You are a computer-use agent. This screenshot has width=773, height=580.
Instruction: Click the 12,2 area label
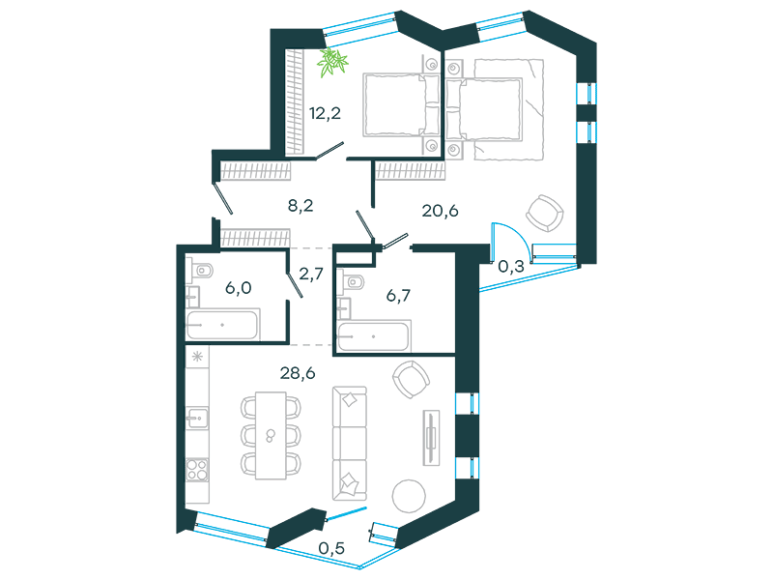point(325,114)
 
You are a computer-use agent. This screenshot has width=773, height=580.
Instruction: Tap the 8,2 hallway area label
point(301,205)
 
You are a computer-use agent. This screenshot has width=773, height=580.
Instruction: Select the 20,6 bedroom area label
point(441,211)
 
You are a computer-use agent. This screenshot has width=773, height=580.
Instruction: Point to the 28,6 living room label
point(298,373)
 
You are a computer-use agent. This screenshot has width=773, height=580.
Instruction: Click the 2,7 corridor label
point(311,274)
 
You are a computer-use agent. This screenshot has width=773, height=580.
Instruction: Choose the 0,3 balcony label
point(511,267)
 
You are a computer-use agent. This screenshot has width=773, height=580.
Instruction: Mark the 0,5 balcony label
point(331,548)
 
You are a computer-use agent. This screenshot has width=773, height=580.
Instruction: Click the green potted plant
point(332,62)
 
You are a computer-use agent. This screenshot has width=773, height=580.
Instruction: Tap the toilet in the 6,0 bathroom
point(200,271)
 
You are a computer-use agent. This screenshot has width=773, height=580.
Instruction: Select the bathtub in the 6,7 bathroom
point(373,336)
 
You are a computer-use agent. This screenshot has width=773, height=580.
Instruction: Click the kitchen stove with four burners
point(197,470)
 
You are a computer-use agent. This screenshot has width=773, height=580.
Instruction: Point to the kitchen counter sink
point(197,419)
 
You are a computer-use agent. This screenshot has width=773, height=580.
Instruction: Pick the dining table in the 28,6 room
point(271,436)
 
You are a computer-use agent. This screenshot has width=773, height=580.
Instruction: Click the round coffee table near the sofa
point(409,496)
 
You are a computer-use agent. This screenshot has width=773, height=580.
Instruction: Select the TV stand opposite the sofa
point(431,438)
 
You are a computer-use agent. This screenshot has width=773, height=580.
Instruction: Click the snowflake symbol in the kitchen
point(197,356)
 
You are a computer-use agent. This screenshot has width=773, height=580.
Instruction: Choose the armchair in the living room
point(411,379)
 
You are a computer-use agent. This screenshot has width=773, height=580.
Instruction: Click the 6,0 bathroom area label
point(239,287)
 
